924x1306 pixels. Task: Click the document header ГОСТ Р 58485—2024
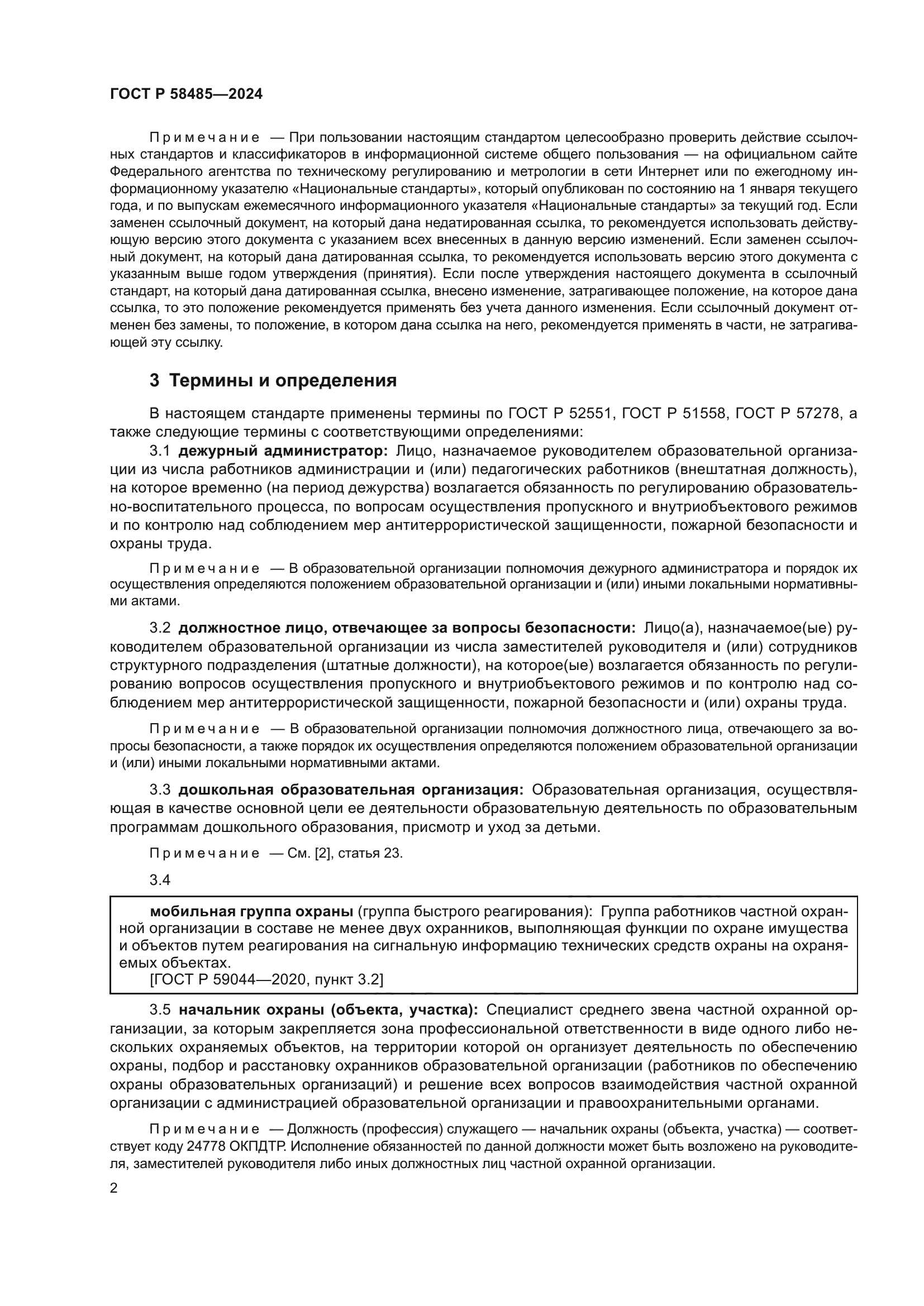(186, 94)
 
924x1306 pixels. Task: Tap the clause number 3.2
(160, 628)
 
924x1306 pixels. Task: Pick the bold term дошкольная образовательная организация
(351, 790)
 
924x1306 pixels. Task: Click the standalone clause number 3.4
(160, 880)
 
